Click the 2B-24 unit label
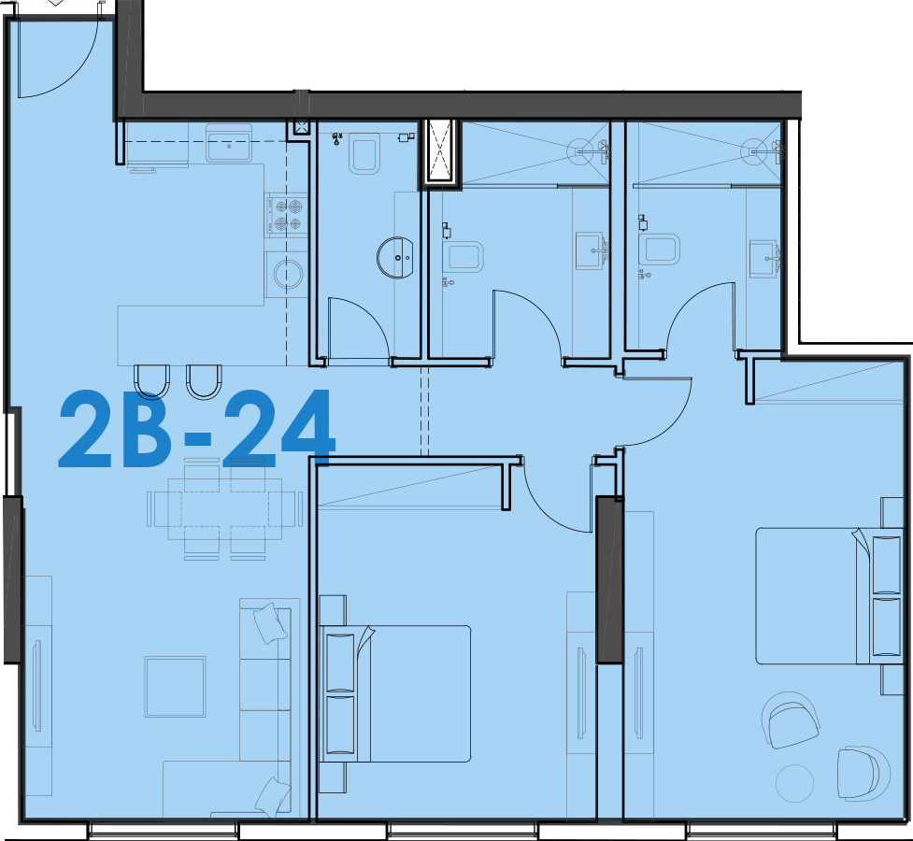point(197,429)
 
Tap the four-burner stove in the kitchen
point(287,215)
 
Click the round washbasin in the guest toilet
point(395,257)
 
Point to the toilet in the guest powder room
point(364,153)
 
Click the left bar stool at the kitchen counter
point(151,381)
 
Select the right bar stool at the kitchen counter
point(204,381)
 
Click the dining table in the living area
point(225,509)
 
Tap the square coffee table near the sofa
point(176,687)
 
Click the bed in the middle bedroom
point(395,693)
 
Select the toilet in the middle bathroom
point(463,257)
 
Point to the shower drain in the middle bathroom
point(580,151)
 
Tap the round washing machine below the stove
point(288,274)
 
